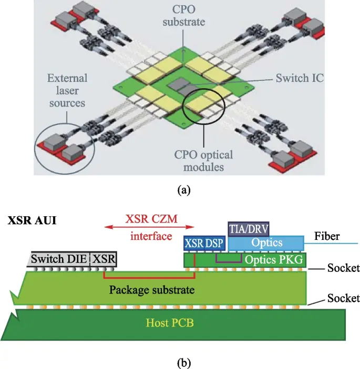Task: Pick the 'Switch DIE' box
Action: (59, 259)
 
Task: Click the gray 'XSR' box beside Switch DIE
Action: (104, 259)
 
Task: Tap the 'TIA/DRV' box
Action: (249, 229)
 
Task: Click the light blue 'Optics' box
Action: (267, 243)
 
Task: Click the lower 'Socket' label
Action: (343, 298)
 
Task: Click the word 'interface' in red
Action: (152, 236)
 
